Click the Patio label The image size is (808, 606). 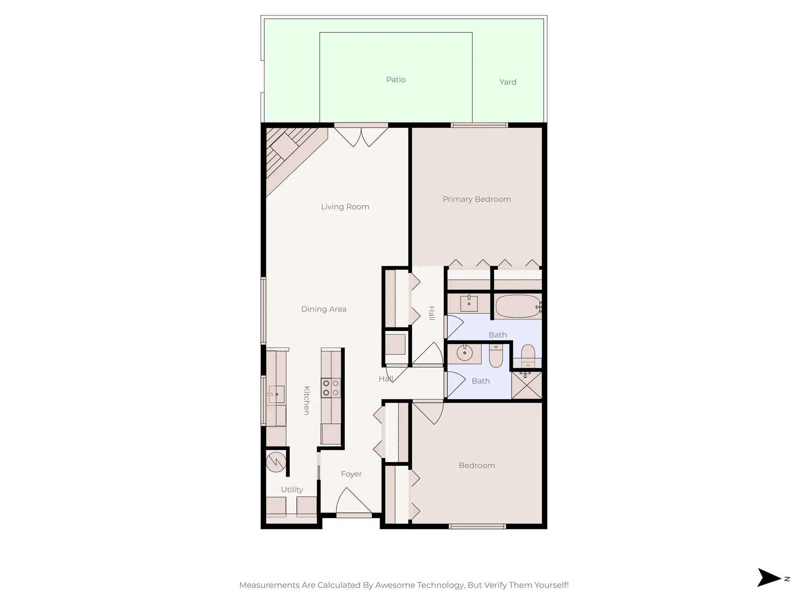396,80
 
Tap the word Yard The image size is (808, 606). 507,82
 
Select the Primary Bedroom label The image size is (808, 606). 477,199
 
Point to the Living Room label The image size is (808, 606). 345,207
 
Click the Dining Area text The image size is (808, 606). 324,309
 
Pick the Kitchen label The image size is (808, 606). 307,400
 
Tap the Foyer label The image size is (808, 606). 351,474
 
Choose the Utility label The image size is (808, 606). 292,490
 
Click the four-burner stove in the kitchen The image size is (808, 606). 331,387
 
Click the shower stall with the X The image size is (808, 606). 526,385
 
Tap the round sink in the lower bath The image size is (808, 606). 465,353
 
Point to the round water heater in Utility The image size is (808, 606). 276,462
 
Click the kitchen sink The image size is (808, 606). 276,394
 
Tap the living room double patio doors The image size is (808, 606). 361,136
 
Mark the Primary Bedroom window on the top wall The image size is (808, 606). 479,125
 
